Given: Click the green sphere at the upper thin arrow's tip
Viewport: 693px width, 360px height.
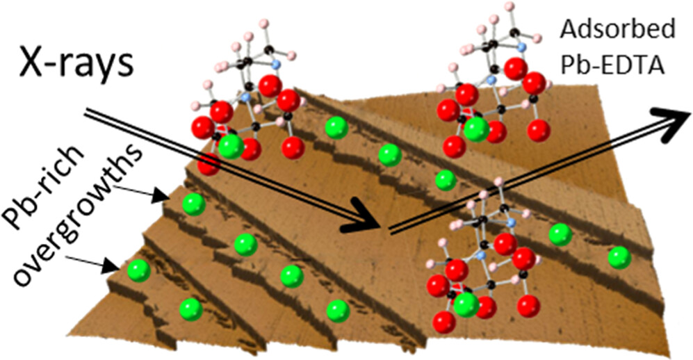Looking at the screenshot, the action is tap(193, 204).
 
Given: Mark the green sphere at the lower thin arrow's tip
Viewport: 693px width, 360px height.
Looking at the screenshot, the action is tap(139, 270).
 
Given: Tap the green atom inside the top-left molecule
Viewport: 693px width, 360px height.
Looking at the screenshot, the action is tap(230, 146).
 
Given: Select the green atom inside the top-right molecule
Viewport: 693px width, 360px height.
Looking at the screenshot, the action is tap(476, 129).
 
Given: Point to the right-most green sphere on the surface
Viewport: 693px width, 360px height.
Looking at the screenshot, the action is tap(619, 258).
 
